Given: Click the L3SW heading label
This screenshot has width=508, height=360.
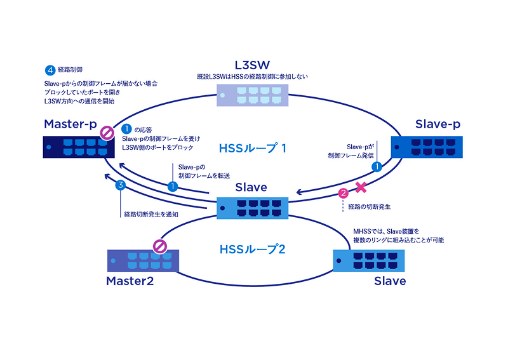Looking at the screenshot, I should click(x=253, y=64).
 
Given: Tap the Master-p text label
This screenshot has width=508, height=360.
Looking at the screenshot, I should click(x=69, y=124).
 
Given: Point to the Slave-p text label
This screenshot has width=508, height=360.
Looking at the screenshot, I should click(x=437, y=124).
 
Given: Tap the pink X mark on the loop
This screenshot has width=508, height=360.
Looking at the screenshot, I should click(x=361, y=187).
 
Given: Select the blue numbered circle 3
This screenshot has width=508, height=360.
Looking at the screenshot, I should click(x=120, y=187).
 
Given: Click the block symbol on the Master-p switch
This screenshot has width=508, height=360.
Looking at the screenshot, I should click(x=107, y=133).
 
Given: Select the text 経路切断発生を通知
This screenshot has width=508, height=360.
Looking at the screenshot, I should click(x=151, y=215).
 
